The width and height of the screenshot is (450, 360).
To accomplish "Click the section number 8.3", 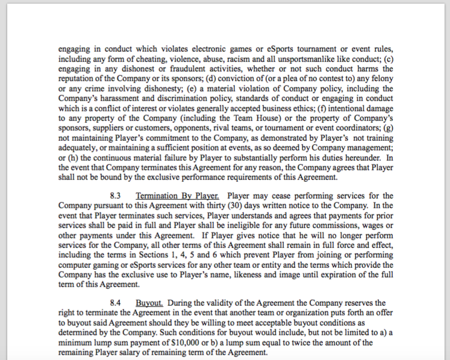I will [x=117, y=196].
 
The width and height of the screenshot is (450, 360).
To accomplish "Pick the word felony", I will [x=380, y=79].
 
